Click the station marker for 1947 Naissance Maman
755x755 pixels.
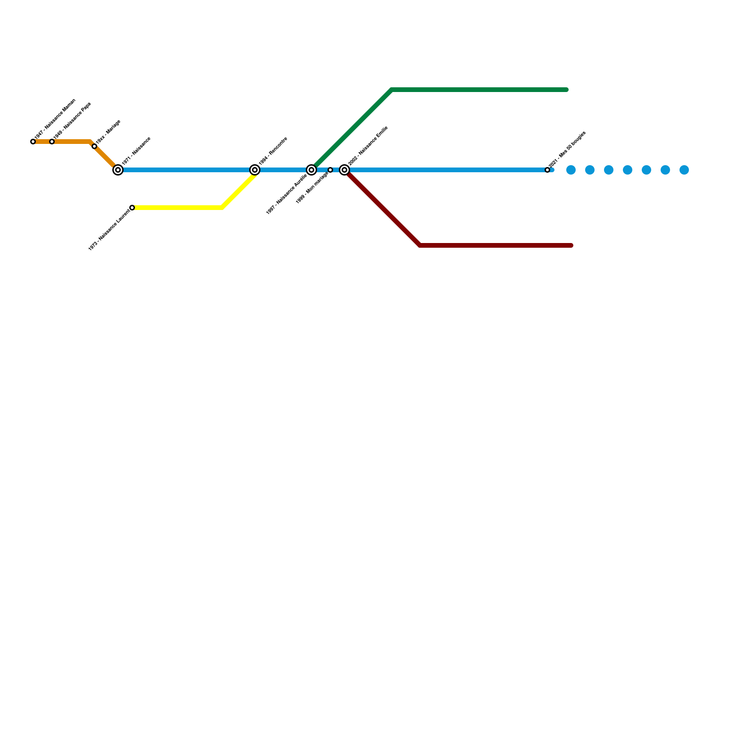click(x=33, y=142)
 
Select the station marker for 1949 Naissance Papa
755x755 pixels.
click(x=52, y=142)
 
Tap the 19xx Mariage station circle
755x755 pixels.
click(x=94, y=146)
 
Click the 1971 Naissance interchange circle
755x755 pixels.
click(x=118, y=170)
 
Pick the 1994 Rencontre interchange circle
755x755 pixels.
click(x=255, y=170)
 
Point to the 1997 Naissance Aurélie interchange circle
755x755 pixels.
click(x=311, y=170)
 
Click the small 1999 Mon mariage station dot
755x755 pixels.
click(x=330, y=170)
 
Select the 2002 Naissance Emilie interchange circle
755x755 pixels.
click(x=344, y=170)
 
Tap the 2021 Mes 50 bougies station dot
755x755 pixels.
click(x=547, y=170)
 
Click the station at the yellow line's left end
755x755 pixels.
click(x=132, y=208)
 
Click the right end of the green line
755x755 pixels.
click(x=566, y=90)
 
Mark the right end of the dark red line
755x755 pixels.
click(x=571, y=245)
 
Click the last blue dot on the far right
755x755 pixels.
click(x=684, y=170)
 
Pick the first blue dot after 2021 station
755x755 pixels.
click(x=571, y=170)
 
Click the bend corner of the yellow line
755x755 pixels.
click(x=222, y=208)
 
